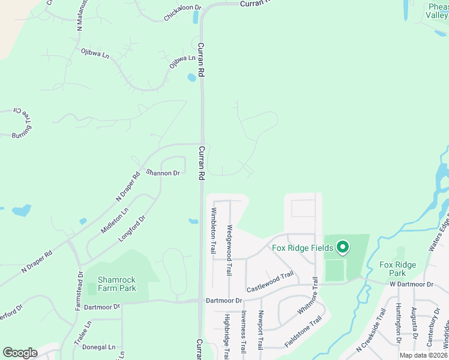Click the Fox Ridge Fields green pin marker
343,247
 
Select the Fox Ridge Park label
397,269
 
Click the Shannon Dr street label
164,173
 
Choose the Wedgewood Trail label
229,250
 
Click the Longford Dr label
133,229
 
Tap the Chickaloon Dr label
183,14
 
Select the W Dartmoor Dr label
411,284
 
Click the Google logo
20,352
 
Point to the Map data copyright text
423,355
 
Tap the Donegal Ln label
99,347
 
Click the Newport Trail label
261,331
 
